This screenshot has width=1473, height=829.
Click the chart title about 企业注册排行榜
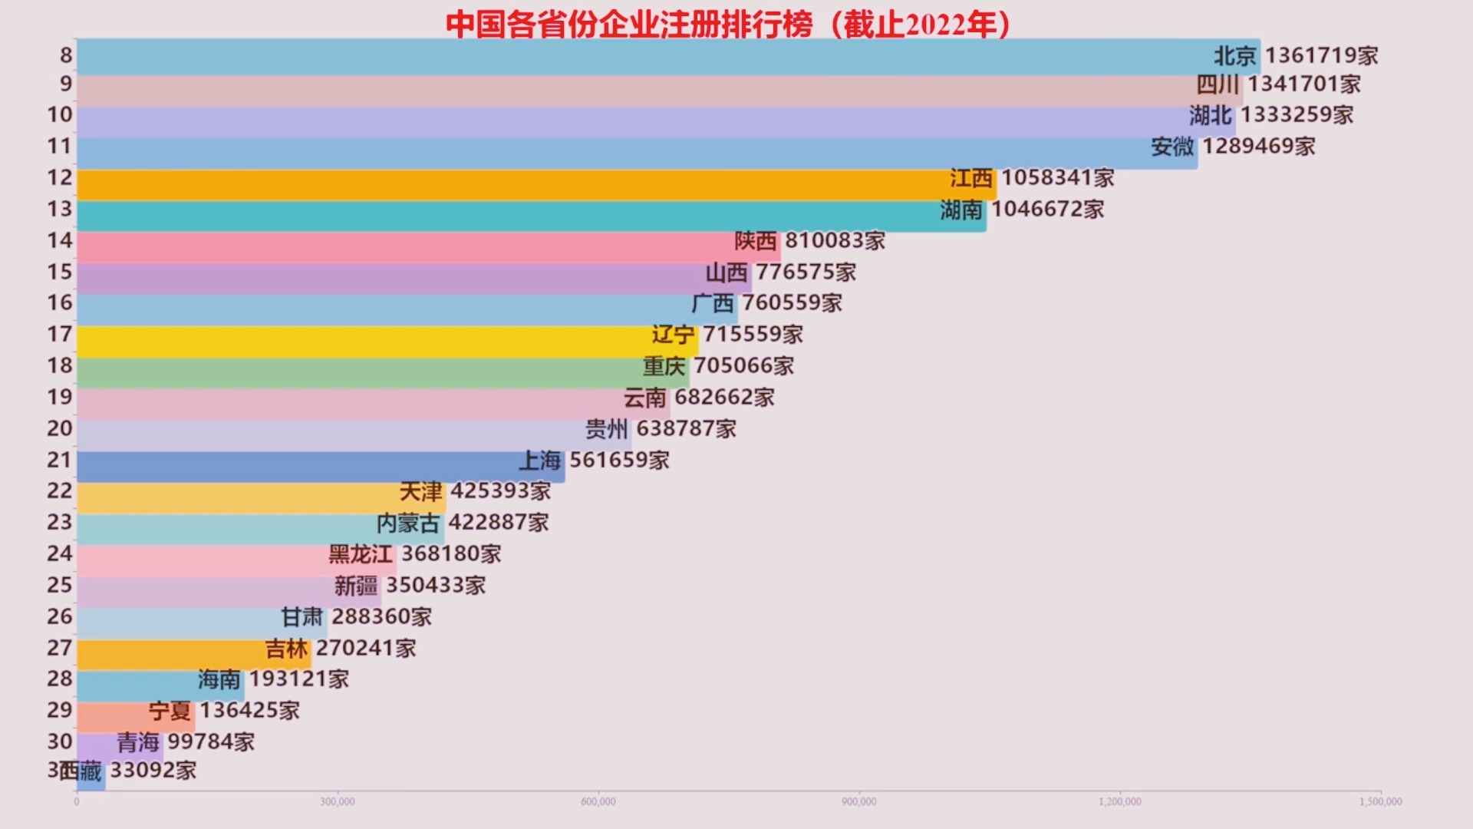(727, 25)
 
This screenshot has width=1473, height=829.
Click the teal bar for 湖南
(499, 216)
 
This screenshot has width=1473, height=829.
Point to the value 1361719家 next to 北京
(1321, 56)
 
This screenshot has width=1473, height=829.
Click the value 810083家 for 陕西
(835, 241)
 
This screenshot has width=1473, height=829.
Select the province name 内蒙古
(408, 523)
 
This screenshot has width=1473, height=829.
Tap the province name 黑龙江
(361, 554)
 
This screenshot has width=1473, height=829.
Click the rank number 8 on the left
(66, 55)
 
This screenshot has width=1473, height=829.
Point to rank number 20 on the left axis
(60, 428)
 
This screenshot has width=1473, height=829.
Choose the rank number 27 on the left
(60, 648)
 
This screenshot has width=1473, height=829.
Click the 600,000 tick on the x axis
(598, 802)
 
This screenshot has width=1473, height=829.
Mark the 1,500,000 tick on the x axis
(1380, 802)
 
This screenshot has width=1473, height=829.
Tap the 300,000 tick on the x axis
(338, 802)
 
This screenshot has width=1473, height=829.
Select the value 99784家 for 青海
(211, 742)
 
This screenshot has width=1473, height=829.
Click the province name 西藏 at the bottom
(81, 771)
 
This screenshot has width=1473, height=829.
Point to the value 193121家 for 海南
(299, 679)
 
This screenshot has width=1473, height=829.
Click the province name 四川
(1218, 84)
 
